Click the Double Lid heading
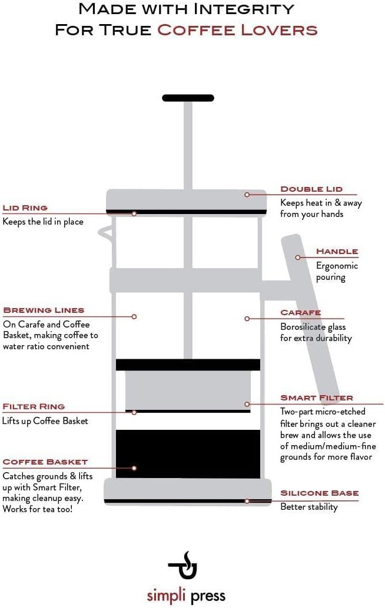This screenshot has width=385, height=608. (x=311, y=189)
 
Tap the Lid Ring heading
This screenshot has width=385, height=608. (x=25, y=208)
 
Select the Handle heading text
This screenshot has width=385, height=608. (x=337, y=252)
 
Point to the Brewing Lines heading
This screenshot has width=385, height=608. (x=44, y=310)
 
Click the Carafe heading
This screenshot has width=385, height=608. (x=300, y=313)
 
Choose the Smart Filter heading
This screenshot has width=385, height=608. (x=317, y=398)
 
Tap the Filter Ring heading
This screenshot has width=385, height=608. (x=34, y=406)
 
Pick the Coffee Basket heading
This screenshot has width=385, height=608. (x=45, y=462)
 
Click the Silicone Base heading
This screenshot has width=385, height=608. (x=319, y=493)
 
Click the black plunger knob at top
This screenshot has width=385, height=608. (x=188, y=98)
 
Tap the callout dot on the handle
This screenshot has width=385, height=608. (x=298, y=257)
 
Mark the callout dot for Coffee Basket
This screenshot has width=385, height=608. (x=134, y=468)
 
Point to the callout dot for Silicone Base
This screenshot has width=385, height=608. (x=247, y=501)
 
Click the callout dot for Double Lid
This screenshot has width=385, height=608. (x=247, y=194)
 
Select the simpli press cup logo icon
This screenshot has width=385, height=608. (x=183, y=565)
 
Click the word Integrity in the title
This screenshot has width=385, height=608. (x=247, y=9)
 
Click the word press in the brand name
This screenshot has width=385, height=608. (x=208, y=596)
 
